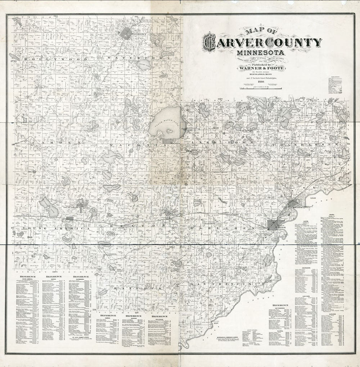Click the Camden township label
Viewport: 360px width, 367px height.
click(47, 143)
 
